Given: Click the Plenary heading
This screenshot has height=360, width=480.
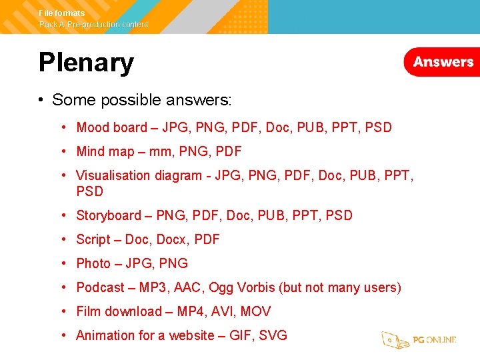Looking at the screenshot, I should (86, 63).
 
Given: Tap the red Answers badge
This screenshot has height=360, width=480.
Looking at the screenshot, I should (443, 62).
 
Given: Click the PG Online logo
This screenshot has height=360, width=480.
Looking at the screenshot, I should (419, 339).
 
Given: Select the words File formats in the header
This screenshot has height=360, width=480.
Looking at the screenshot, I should (62, 13).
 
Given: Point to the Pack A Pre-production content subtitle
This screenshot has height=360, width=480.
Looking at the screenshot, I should (93, 25).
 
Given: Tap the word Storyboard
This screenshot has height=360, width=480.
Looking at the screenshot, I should (109, 215).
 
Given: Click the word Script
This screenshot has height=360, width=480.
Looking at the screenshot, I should (93, 239).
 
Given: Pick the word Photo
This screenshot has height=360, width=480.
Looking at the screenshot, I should (93, 263).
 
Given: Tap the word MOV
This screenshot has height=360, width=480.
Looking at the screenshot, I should (255, 311).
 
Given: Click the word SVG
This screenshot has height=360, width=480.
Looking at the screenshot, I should (273, 335).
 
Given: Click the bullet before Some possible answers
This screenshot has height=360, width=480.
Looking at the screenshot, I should (41, 100).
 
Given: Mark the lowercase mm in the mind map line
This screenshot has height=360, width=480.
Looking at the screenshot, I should (160, 152).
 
